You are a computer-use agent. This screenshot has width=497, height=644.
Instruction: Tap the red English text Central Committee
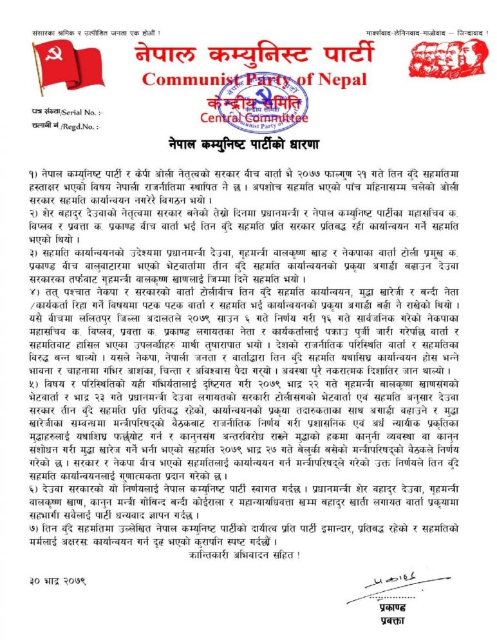[x=254, y=118]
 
